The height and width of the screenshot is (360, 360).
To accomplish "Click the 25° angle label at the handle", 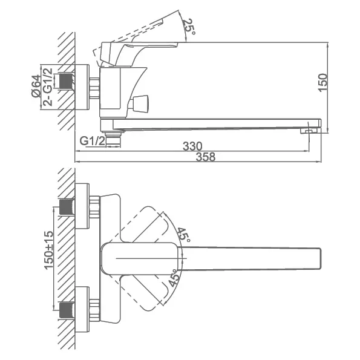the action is (x=189, y=27).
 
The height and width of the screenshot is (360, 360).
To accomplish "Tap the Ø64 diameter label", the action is (x=36, y=86).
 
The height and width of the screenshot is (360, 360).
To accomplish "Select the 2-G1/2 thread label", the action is (x=48, y=87).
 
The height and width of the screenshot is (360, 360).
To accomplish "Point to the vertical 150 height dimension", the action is (x=323, y=83).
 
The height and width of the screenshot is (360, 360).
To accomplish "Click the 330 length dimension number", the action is (x=192, y=146).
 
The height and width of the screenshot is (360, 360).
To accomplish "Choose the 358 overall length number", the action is (x=206, y=157).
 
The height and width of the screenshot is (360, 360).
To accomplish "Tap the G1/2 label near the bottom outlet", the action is (x=93, y=140).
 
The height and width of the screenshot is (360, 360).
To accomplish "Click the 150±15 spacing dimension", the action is (x=48, y=250).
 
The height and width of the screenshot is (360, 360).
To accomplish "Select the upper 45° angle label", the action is (x=184, y=234).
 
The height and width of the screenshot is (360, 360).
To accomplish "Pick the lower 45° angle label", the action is (x=174, y=278).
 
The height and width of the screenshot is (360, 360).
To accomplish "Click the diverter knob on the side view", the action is (x=138, y=104).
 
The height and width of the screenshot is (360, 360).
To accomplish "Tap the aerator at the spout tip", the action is (x=309, y=131).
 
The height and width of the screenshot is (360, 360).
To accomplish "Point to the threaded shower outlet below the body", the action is (x=113, y=139).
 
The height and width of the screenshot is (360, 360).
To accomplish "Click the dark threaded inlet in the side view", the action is (x=67, y=80).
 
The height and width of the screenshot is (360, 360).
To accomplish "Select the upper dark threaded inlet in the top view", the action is (x=67, y=207).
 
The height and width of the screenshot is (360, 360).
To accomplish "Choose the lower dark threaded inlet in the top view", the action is (x=67, y=310).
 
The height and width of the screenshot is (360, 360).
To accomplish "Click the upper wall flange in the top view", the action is (x=82, y=206).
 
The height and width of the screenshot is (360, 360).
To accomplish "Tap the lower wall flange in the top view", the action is (x=82, y=310).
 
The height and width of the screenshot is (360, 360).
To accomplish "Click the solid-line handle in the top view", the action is (x=140, y=258).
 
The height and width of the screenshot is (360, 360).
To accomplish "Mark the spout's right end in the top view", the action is (x=320, y=258).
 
